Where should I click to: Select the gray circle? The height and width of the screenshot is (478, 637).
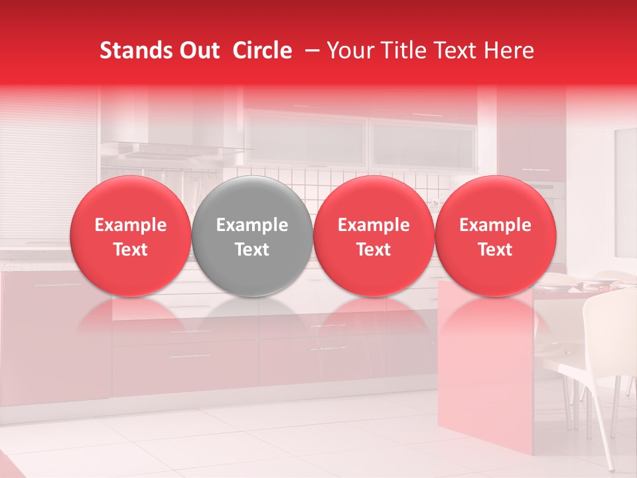252,236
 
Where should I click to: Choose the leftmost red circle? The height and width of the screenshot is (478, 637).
131,236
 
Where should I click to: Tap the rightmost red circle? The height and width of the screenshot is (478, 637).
496,236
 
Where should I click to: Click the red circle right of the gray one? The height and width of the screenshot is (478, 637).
374,236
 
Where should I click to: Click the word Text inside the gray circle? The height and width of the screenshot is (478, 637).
252,250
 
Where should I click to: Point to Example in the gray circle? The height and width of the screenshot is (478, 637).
252,225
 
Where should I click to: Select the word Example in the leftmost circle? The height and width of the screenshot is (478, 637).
131,225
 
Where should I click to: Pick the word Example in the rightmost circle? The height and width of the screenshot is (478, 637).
496,225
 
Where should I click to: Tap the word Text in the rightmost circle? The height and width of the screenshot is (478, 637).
496,250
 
